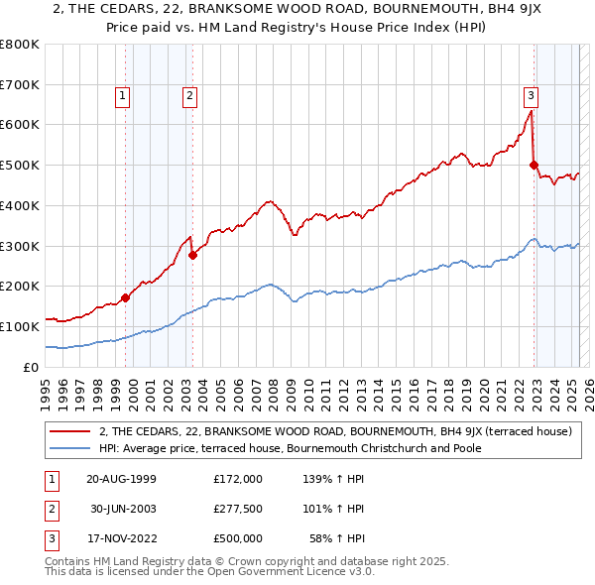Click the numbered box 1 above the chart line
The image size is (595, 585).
pyautogui.click(x=121, y=96)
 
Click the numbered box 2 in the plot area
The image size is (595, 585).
pyautogui.click(x=188, y=96)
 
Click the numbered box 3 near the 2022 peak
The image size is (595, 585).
pyautogui.click(x=531, y=96)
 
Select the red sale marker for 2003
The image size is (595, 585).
pyautogui.click(x=192, y=255)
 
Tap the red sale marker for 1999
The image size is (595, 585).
pyautogui.click(x=126, y=297)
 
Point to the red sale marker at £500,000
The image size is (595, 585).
pyautogui.click(x=534, y=166)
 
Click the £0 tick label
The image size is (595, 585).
pyautogui.click(x=32, y=367)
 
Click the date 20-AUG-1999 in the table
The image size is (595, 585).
pyautogui.click(x=121, y=479)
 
